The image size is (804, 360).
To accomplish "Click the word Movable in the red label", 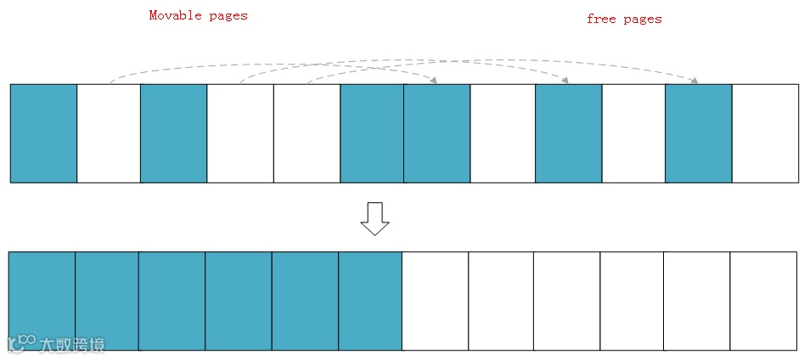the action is point(174,15).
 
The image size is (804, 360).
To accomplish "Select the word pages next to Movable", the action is point(226,15).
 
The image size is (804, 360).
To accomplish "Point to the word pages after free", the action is point(642,19).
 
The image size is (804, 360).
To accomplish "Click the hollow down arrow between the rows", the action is point(374,218).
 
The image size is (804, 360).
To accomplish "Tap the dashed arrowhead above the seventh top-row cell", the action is point(434,81).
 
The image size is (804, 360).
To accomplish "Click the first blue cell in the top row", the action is point(43,133).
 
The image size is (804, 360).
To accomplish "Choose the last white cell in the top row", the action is point(765,133).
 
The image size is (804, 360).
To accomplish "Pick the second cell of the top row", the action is point(109,133).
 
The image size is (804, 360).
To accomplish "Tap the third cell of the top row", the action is point(174,133).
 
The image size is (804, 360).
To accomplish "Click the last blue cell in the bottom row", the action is point(370,301).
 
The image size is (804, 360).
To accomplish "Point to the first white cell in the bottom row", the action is point(435,301).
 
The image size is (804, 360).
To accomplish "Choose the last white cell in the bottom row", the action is point(764,301).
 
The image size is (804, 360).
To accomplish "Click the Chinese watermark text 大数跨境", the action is point(72,344).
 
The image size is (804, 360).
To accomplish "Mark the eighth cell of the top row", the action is point(503,133).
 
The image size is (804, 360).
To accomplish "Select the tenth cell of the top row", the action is point(633,133).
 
